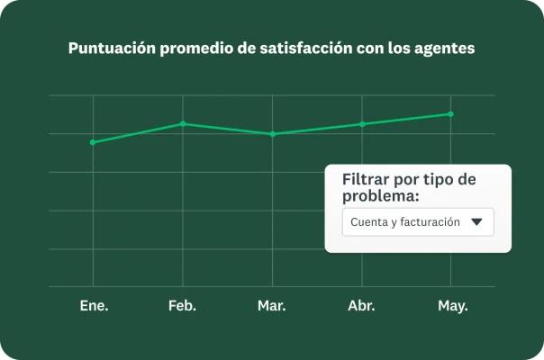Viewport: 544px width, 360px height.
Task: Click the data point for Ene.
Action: (x=93, y=142)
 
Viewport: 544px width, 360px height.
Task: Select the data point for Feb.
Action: (x=183, y=124)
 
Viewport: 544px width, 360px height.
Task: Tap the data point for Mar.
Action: (x=272, y=134)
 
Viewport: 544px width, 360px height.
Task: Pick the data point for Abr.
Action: (x=362, y=124)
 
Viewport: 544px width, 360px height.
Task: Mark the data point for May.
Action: (x=451, y=114)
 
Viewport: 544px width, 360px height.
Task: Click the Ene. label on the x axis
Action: (x=94, y=306)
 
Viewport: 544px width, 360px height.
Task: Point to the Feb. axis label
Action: (x=183, y=306)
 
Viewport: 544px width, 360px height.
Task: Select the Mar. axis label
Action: (x=272, y=306)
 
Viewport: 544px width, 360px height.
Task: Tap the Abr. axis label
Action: (x=362, y=306)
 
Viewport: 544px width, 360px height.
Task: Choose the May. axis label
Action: (x=452, y=306)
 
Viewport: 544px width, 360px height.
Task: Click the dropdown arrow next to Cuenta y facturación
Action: (x=477, y=221)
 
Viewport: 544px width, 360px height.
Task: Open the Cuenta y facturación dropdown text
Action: (x=405, y=221)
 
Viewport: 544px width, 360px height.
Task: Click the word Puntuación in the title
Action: (x=112, y=49)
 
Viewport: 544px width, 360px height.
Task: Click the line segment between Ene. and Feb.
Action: (x=138, y=133)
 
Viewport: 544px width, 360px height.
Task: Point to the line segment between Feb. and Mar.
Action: (x=227, y=129)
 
